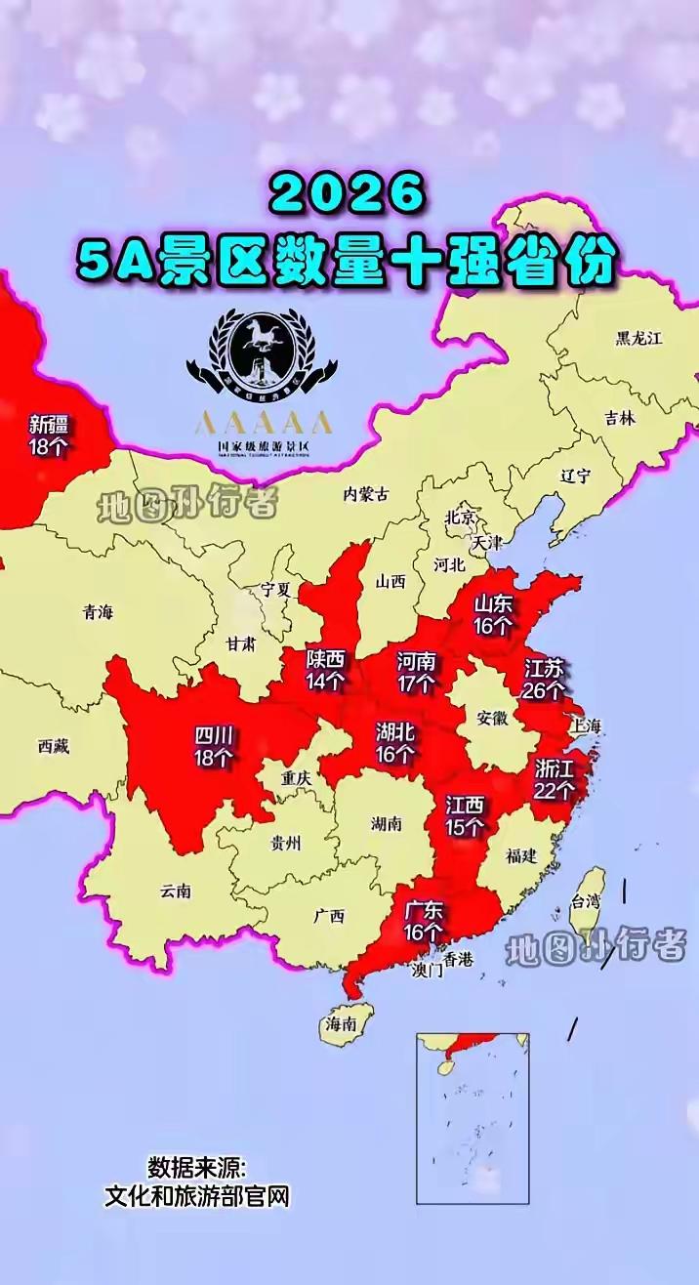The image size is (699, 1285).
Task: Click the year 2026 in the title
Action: pos(349,195)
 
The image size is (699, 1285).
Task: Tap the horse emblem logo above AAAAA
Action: pos(262,352)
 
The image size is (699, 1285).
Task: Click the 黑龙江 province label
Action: pos(638,339)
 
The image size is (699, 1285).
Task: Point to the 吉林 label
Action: pos(619,417)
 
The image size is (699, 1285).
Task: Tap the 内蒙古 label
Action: pos(366,494)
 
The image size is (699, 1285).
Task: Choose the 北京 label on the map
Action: pos(460,518)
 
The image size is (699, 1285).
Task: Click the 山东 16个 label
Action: pos(493,615)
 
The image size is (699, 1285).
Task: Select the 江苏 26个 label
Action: pos(544,680)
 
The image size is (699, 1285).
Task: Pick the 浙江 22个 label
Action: pos(554,779)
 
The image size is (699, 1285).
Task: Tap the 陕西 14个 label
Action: pos(325,668)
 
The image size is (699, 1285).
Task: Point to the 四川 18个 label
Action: pos(213,745)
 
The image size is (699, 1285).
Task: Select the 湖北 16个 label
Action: pos(395,742)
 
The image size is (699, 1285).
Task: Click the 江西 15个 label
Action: pos(465,815)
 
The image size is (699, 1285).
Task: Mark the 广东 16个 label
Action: pos(423,921)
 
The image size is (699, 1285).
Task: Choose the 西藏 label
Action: pos(54,747)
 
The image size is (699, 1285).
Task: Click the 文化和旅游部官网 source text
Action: pos(197,1197)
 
